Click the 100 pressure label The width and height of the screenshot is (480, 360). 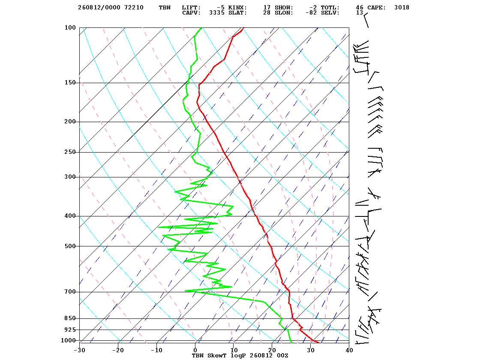point(70,27)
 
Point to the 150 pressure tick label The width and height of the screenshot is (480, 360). point(70,83)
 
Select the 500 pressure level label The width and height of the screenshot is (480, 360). point(70,246)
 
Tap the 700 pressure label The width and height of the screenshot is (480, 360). point(70,292)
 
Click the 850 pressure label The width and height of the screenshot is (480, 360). point(70,318)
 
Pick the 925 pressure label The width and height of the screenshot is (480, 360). point(70,330)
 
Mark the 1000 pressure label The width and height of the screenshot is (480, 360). point(68,340)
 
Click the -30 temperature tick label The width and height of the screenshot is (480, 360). point(79,350)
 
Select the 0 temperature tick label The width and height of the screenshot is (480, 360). point(195,350)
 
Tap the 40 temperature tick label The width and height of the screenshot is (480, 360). point(349,350)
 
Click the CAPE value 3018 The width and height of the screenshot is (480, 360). point(402,8)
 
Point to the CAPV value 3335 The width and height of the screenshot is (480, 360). point(217,13)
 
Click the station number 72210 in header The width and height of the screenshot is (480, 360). point(134,8)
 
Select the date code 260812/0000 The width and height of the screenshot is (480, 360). point(99,8)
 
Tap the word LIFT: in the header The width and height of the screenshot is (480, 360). point(191,8)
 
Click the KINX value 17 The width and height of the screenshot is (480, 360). point(267,8)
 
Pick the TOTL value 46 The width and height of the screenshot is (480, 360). point(360,8)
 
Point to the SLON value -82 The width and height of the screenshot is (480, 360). point(311,13)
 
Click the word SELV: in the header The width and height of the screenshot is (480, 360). point(330,13)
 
